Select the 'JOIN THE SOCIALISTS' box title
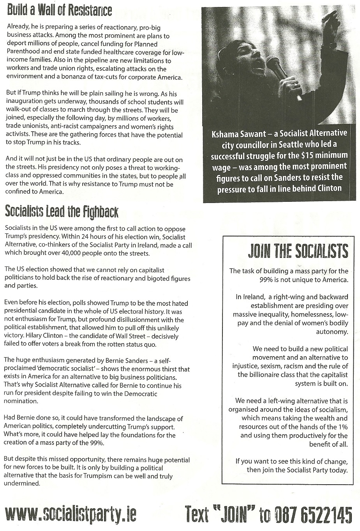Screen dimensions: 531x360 tap(298, 251)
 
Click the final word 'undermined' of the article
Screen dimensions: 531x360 tap(22, 483)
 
